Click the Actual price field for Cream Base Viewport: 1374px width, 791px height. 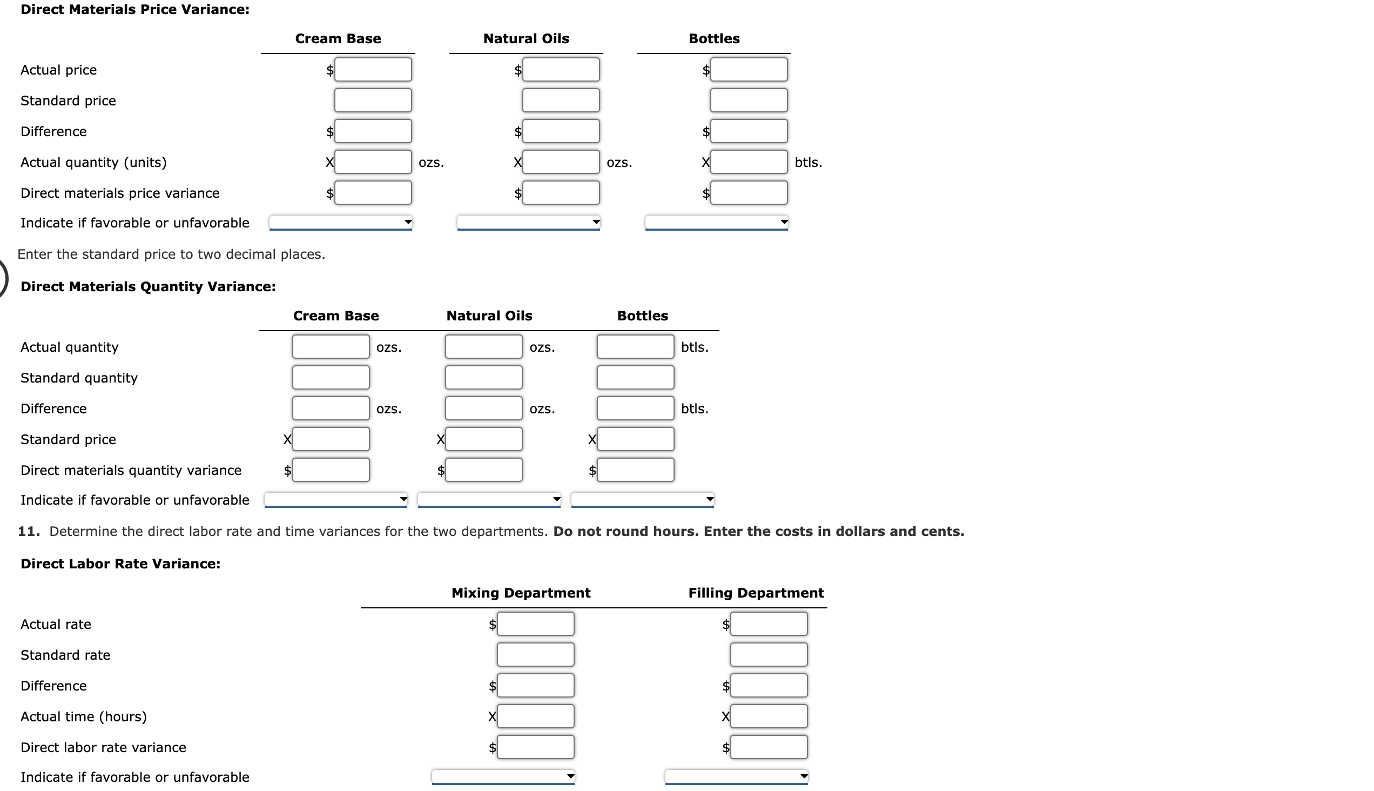pos(373,70)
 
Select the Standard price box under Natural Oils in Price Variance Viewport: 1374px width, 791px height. pos(561,100)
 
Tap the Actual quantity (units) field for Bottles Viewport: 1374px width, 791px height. pos(749,162)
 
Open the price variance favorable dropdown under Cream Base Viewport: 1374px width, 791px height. pos(340,222)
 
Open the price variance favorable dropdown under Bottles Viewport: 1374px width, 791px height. pos(716,222)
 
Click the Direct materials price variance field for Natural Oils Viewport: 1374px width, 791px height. pos(561,193)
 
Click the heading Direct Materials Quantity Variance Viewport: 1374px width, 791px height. pos(148,286)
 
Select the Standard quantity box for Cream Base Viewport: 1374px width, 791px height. pos(331,378)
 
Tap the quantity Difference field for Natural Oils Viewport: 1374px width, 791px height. pos(484,408)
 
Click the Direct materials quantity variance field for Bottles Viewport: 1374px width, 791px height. pos(635,470)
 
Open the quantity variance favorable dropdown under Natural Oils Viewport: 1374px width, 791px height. pos(489,499)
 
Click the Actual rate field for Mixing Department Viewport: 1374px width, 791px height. pos(535,624)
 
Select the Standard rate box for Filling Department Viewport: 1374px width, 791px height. pos(769,655)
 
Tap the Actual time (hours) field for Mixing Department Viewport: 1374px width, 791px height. pos(535,716)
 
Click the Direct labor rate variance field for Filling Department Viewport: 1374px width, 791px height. pos(769,747)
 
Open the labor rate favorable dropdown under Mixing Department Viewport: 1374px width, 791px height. pos(503,776)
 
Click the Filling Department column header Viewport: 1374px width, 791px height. pos(756,593)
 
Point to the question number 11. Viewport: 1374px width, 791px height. pos(28,531)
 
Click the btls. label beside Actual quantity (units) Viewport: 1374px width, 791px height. pos(808,162)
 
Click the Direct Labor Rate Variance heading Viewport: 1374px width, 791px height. pos(120,564)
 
